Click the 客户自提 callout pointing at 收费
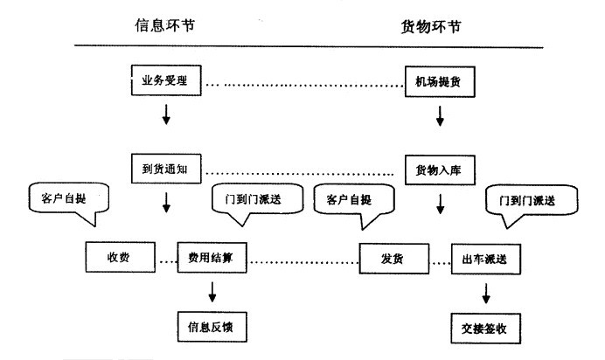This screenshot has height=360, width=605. click(66, 199)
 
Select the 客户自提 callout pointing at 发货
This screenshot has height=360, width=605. click(351, 201)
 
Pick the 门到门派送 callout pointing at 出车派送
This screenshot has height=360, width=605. click(533, 203)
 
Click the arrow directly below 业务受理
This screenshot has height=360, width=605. click(166, 115)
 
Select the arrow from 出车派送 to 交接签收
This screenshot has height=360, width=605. click(484, 292)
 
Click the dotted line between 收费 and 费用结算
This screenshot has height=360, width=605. click(167, 259)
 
